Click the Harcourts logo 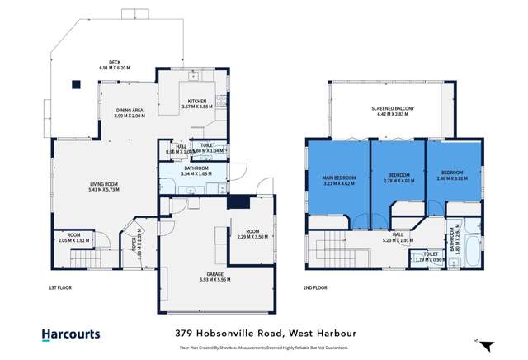tap(71, 334)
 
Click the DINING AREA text tap(130, 110)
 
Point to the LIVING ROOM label tap(105, 183)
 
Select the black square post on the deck tap(76, 83)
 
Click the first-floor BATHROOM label tap(196, 168)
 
